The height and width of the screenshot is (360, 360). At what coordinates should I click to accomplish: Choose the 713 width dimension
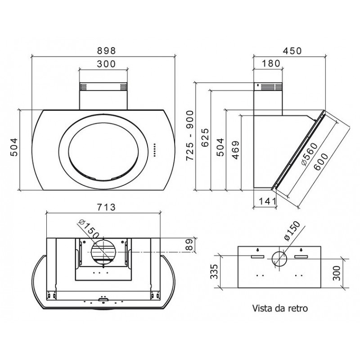[104, 207]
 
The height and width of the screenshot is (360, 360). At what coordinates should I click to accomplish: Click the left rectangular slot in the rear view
[256, 256]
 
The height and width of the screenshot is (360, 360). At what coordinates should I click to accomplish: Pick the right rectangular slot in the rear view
[302, 256]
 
